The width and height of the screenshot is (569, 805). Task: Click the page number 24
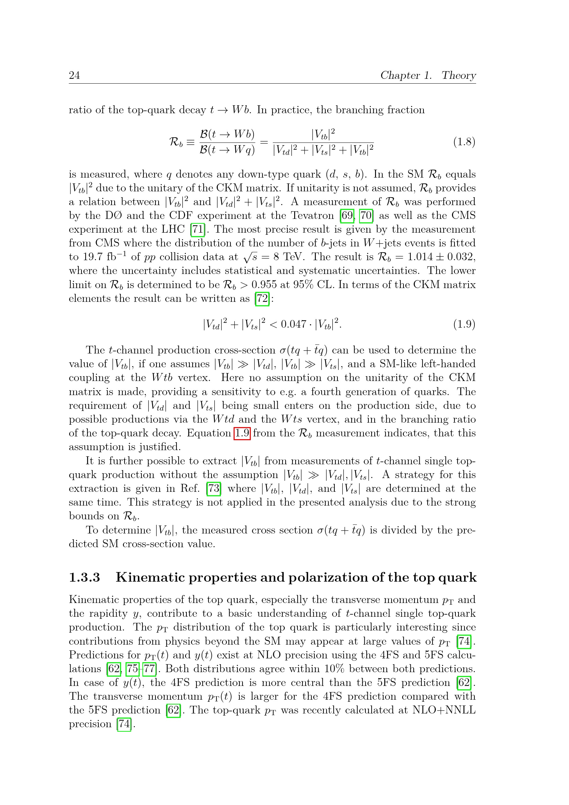(x=74, y=75)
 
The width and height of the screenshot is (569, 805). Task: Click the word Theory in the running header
(x=458, y=75)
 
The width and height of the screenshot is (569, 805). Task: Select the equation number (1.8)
(x=464, y=142)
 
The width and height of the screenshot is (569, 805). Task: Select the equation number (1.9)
(x=464, y=324)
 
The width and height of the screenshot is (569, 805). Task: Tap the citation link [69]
(x=347, y=215)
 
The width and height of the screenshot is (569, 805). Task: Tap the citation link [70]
(x=366, y=215)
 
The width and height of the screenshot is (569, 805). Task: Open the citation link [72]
(x=262, y=298)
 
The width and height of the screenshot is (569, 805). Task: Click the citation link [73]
(x=214, y=488)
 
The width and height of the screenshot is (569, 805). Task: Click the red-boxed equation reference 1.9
(x=242, y=433)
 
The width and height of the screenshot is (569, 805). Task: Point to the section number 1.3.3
(x=84, y=578)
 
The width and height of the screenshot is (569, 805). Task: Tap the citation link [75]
(x=132, y=669)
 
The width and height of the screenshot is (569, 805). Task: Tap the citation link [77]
(x=150, y=669)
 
